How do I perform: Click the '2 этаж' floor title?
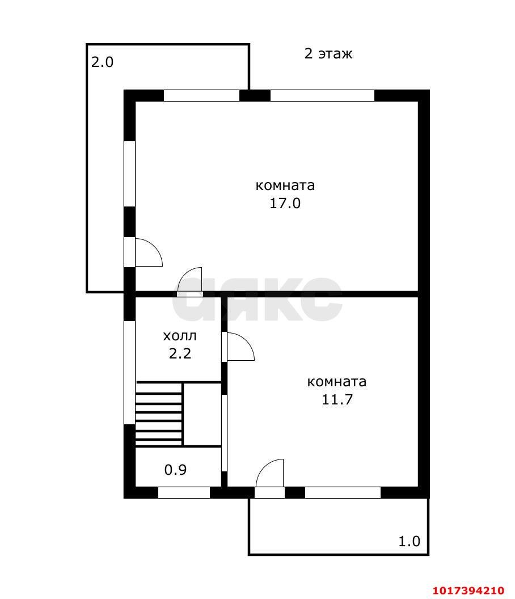coord(328,54)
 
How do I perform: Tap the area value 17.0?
coord(285,203)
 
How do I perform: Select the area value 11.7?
coord(337,399)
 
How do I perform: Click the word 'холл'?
coord(180,336)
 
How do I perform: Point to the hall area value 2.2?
coord(180,354)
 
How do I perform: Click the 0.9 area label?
coord(175,470)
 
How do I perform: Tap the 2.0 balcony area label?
coord(102,62)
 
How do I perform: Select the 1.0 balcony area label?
coord(409,541)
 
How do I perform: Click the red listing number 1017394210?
coord(468,590)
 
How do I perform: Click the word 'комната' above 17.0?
coord(285,185)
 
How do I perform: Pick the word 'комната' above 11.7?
coord(337,382)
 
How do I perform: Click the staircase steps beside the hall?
coord(159,414)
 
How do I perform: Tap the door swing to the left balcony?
coord(149,252)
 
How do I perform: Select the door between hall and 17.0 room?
coord(190,281)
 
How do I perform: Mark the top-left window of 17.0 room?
coord(201,95)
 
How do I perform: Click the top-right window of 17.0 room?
coord(323,95)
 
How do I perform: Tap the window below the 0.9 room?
coord(184,493)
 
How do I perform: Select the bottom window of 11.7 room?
coord(343,493)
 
